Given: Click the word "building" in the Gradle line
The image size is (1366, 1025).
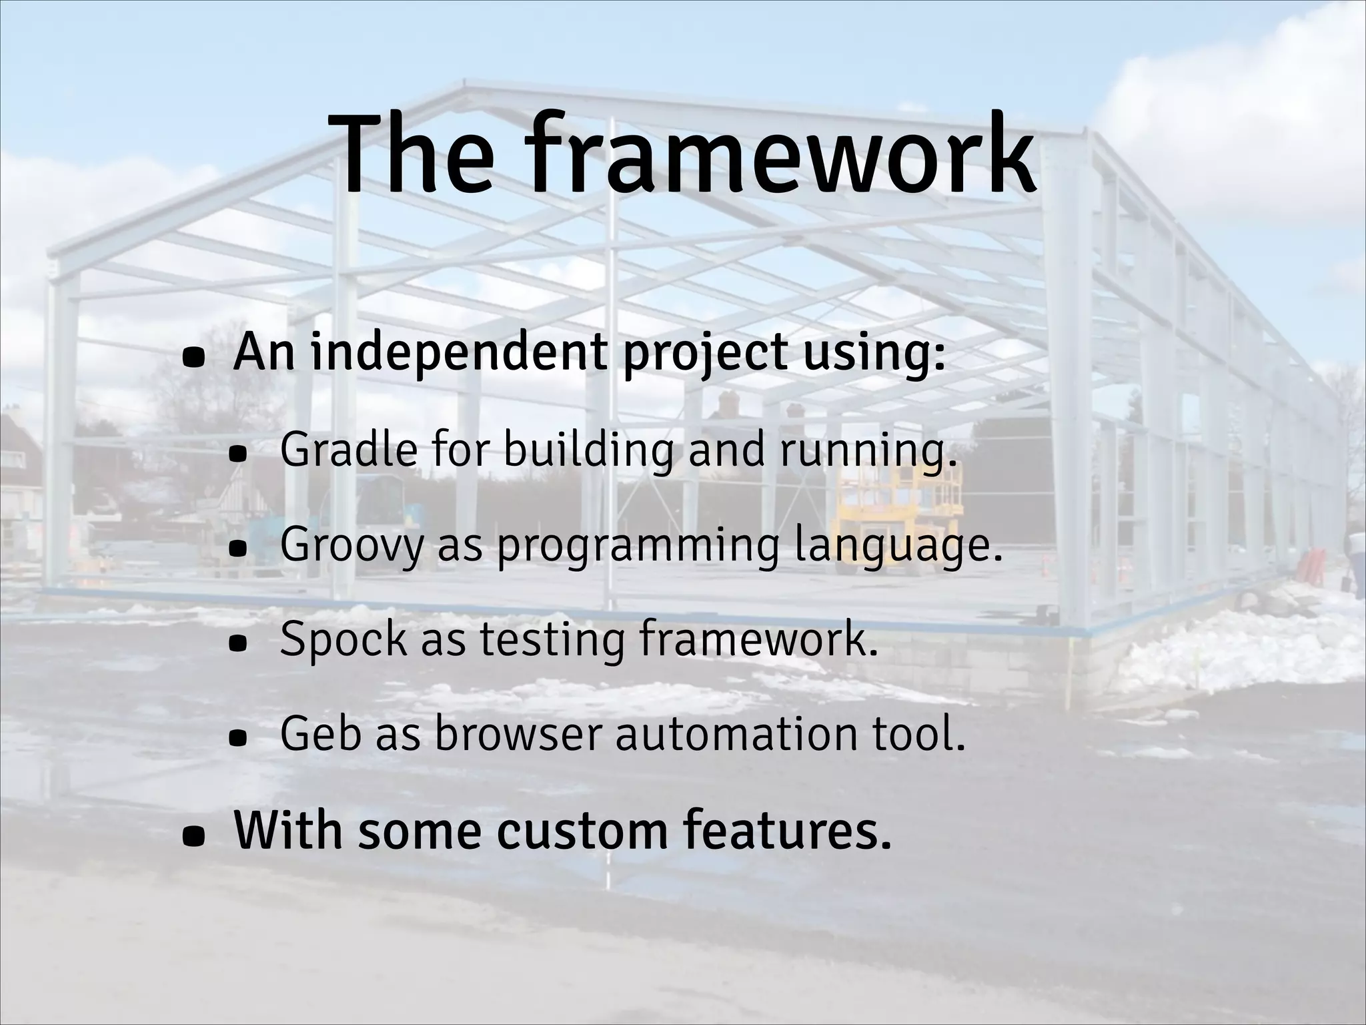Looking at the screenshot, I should (588, 450).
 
